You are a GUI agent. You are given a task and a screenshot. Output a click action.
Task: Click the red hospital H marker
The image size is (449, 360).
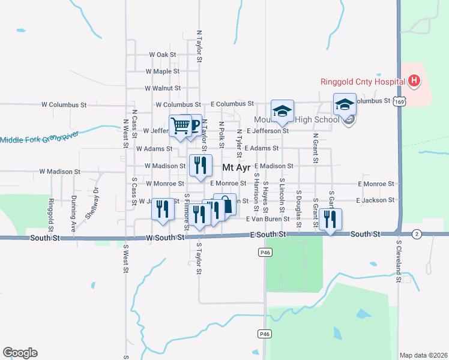tap(413, 80)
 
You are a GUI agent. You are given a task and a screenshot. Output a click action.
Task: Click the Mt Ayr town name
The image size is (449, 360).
tap(236, 167)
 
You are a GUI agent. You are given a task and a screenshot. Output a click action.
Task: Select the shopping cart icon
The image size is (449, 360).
tap(180, 125)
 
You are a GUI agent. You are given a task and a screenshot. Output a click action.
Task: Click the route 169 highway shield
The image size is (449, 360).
tap(399, 103)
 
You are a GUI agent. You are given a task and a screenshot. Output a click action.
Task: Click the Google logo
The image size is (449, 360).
tap(20, 353)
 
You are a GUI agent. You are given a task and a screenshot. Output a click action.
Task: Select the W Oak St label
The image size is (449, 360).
tap(163, 55)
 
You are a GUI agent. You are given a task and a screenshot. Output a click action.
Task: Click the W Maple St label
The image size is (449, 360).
tap(163, 71)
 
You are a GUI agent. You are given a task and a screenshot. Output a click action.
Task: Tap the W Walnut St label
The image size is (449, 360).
tap(163, 88)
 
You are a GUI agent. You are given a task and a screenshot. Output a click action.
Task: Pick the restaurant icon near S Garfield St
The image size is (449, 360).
tap(330, 219)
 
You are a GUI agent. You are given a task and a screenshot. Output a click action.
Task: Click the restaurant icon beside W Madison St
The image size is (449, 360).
tap(200, 164)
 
